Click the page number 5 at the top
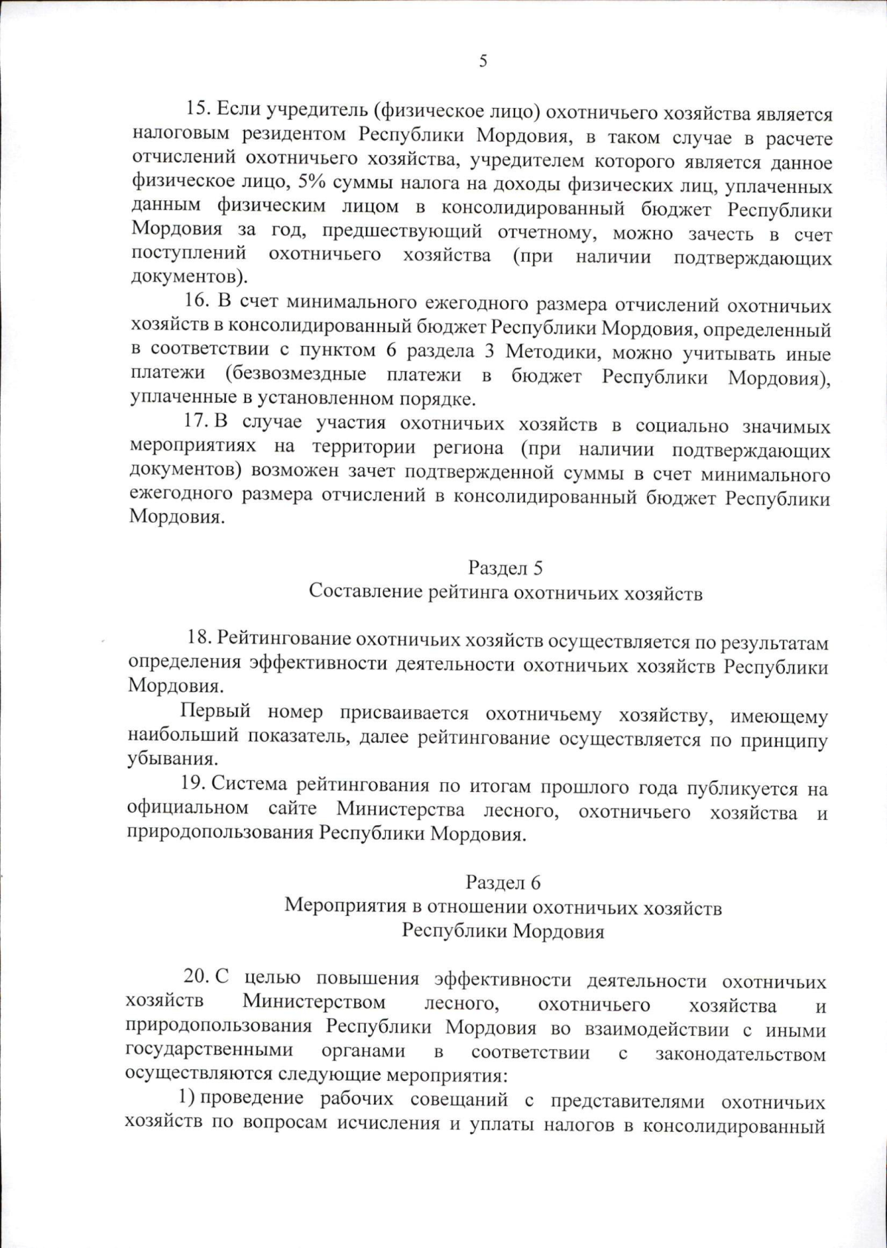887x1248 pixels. (483, 61)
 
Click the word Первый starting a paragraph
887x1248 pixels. (217, 712)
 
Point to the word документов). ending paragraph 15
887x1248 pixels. (189, 278)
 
